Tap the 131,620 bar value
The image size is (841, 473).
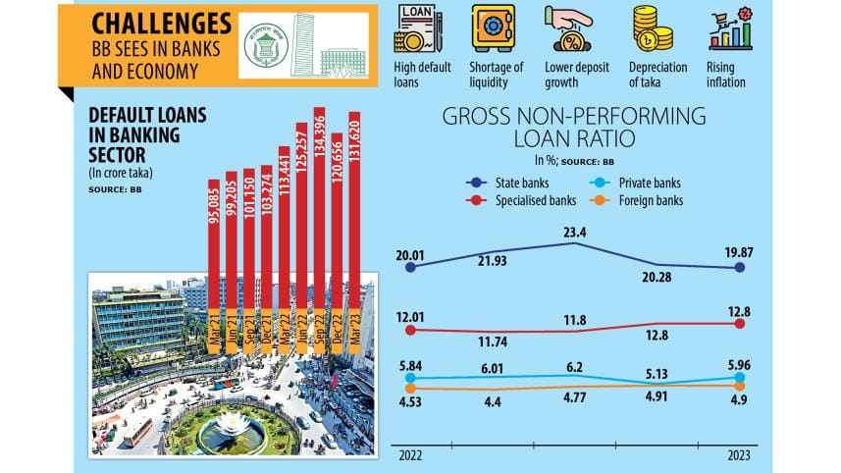(354, 147)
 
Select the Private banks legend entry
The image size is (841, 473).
(643, 183)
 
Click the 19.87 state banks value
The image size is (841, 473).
(738, 252)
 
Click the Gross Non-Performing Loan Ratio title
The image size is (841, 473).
(574, 129)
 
